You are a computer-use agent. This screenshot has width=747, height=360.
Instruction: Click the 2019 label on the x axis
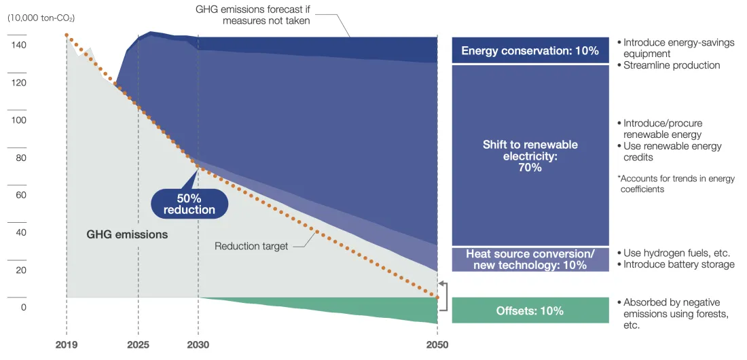tap(67, 344)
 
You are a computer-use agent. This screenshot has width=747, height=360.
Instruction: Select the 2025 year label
tap(138, 344)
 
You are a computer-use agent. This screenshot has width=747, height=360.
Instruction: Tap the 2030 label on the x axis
tap(198, 344)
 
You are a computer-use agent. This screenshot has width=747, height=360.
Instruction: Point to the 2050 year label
tap(437, 344)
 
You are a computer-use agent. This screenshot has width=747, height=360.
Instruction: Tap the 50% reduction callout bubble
tap(189, 203)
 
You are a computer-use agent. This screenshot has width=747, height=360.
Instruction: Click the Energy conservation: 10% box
tap(530, 50)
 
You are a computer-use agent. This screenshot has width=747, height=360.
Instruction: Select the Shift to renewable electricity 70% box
tap(530, 156)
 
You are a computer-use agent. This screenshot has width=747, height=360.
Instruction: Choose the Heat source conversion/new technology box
tap(530, 259)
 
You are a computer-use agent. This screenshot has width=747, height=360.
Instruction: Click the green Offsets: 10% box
tap(530, 310)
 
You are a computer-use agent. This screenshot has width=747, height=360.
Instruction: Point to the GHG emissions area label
tap(127, 235)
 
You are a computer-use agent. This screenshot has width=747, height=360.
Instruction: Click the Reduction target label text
tap(251, 246)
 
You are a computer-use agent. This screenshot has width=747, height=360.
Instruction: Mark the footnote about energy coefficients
tap(676, 184)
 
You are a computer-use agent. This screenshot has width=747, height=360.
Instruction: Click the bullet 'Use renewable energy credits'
tap(672, 151)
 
